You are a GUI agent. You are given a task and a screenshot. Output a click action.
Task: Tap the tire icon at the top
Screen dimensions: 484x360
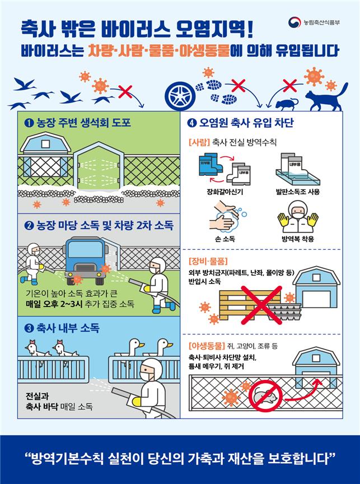(x=183, y=91)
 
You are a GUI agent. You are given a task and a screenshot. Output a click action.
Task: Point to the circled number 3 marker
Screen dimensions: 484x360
(x=29, y=328)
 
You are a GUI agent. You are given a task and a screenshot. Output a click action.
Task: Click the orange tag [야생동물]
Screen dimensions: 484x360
(x=207, y=346)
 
